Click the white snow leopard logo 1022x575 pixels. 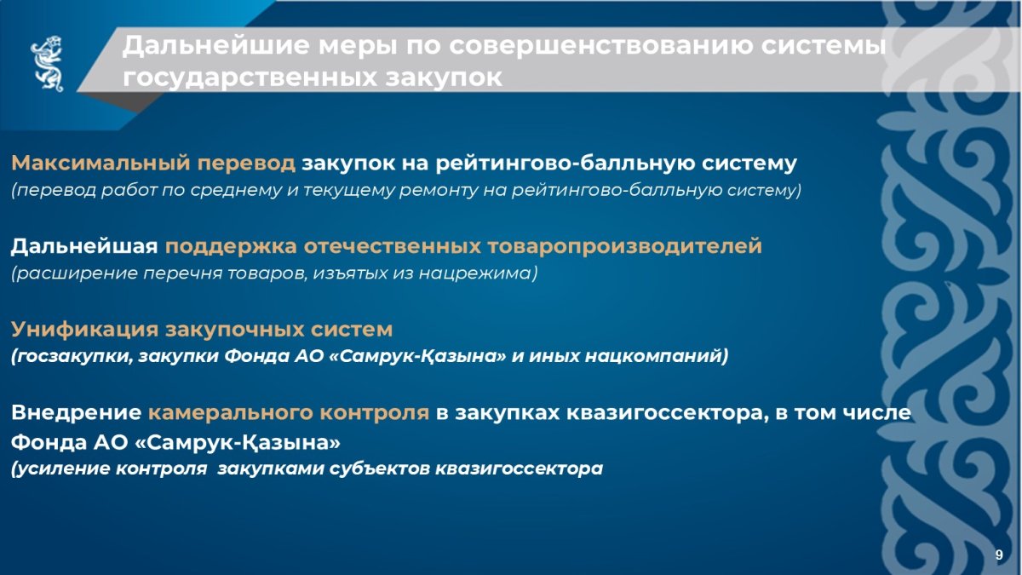click(x=47, y=64)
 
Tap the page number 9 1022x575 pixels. click(x=999, y=555)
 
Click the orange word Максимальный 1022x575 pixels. click(x=100, y=163)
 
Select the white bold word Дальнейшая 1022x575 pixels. click(x=84, y=246)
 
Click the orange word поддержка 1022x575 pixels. click(x=231, y=246)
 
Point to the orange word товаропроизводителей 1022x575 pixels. click(x=624, y=246)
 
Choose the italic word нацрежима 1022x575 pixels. click(x=475, y=273)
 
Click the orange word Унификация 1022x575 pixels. click(x=84, y=330)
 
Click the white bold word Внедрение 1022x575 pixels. click(x=76, y=413)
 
